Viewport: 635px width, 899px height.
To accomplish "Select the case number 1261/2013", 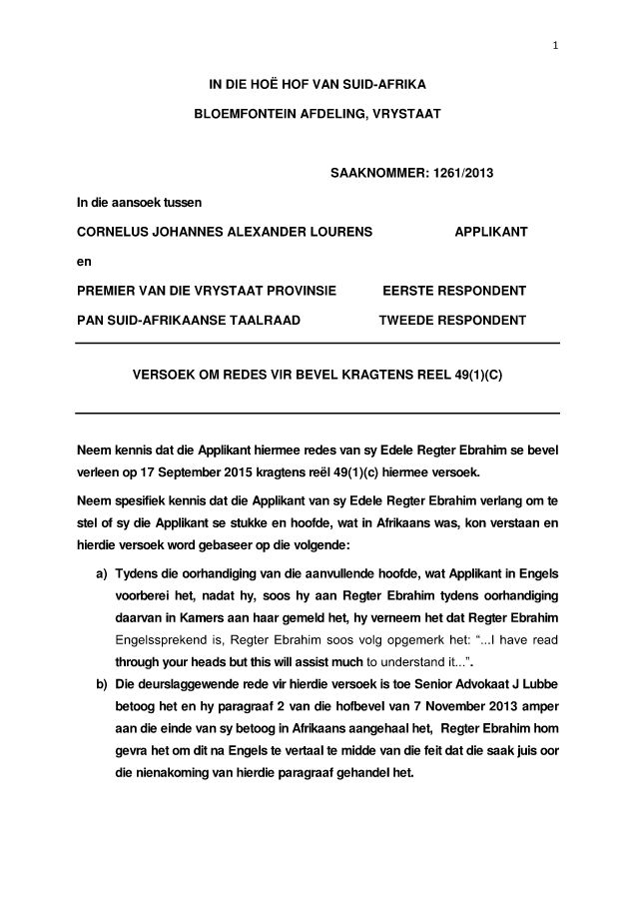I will pos(460,174).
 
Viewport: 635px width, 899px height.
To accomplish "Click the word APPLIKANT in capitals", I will pos(491,232).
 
